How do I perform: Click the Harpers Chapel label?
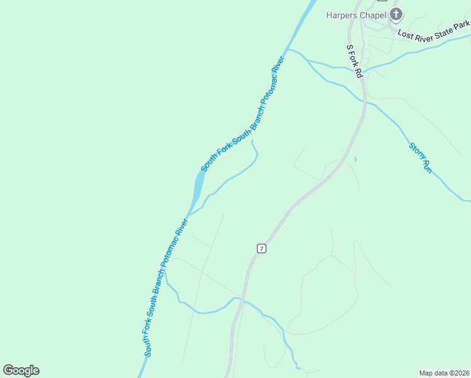click(x=355, y=14)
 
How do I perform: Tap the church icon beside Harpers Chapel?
click(x=396, y=14)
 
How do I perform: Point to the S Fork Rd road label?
click(x=355, y=61)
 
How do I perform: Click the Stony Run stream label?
click(x=419, y=157)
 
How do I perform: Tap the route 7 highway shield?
click(x=261, y=248)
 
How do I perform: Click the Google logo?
click(x=21, y=370)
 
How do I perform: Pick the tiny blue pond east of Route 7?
click(x=355, y=159)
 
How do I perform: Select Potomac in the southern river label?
click(x=170, y=248)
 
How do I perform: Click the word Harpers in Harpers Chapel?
click(x=341, y=14)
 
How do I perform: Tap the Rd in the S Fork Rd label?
click(x=360, y=72)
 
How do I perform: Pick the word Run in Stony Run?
click(x=426, y=167)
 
